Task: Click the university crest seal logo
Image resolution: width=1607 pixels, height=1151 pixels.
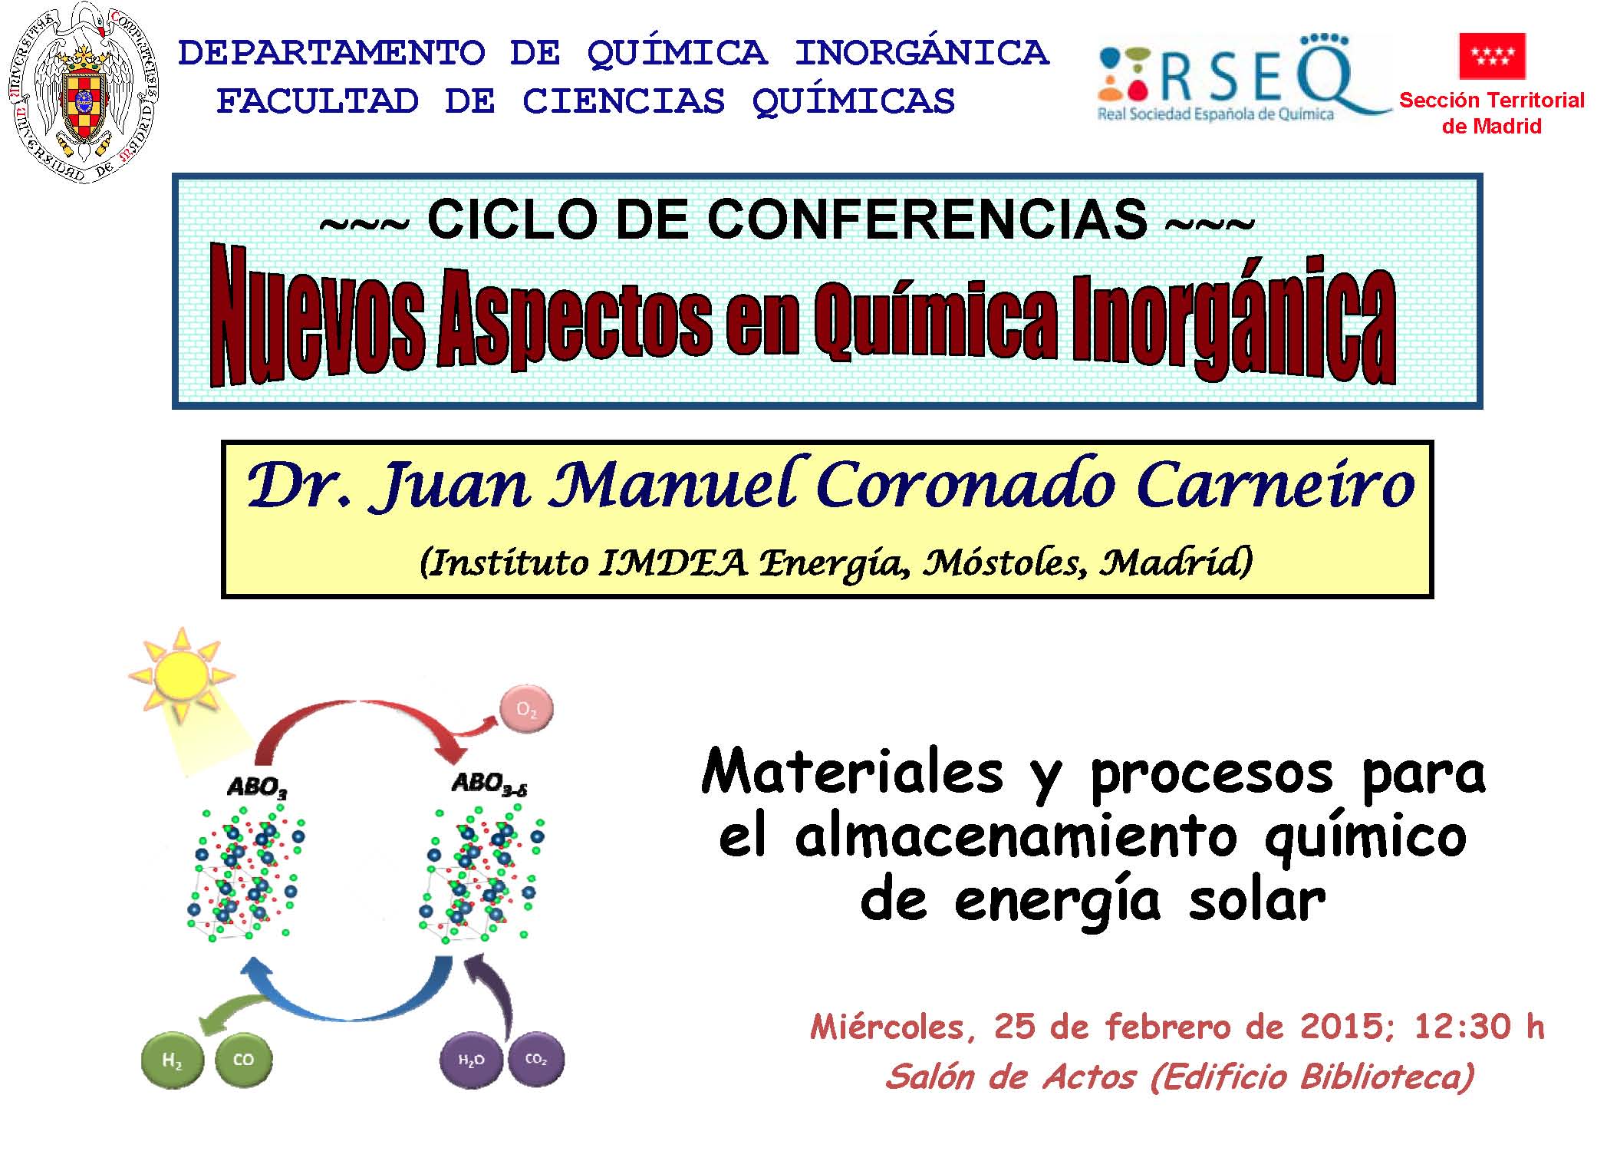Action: [84, 92]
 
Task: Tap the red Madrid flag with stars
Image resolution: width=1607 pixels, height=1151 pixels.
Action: [1492, 56]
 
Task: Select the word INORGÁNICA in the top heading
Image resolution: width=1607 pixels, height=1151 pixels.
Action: [922, 53]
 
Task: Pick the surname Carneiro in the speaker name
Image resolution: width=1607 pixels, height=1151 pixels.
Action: [1276, 485]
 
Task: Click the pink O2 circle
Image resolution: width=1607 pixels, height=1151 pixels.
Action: [526, 709]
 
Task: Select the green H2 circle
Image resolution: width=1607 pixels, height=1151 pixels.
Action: [173, 1060]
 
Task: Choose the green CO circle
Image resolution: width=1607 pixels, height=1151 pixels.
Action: [243, 1060]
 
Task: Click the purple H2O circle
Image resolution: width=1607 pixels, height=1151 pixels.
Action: [471, 1060]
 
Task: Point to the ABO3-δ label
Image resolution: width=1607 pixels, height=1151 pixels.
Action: [490, 784]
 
